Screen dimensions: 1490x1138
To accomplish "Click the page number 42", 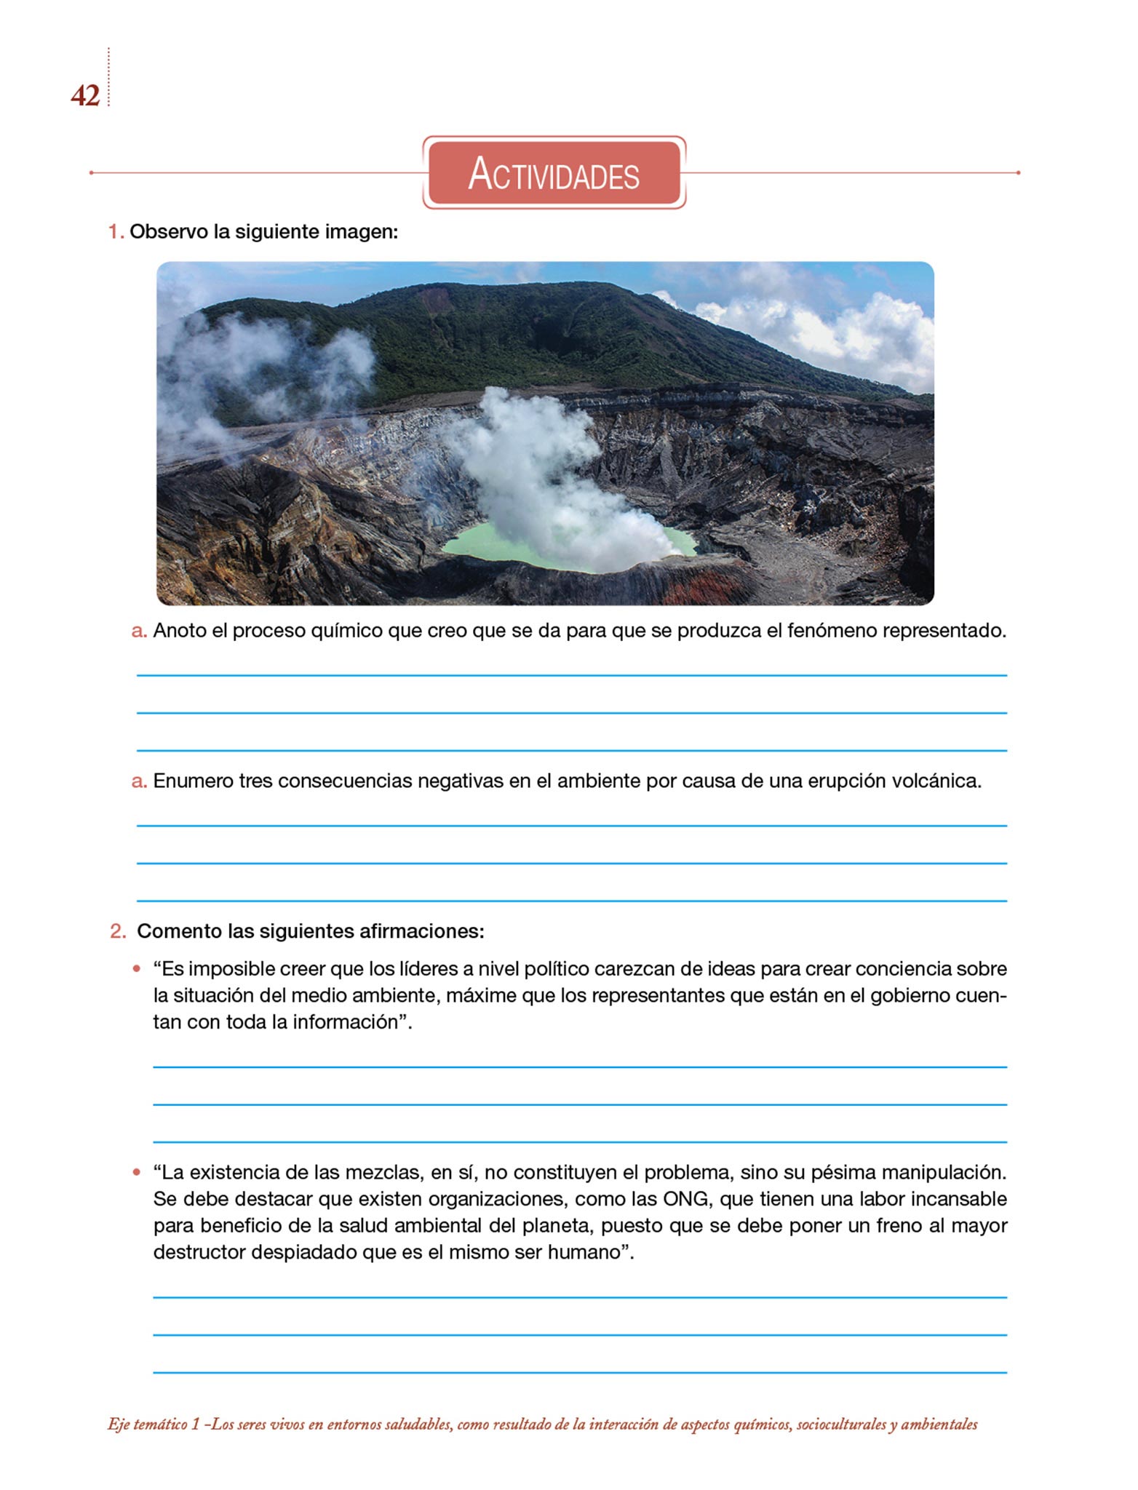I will pyautogui.click(x=85, y=96).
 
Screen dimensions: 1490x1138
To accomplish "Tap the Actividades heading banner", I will pyautogui.click(x=554, y=173).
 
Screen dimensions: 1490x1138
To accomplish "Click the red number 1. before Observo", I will pyautogui.click(x=116, y=232).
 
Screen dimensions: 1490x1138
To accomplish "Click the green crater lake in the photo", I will pyautogui.click(x=480, y=545).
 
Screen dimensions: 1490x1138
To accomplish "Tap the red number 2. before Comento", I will pyautogui.click(x=118, y=932).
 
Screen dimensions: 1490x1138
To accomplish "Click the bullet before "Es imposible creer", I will pyautogui.click(x=136, y=970).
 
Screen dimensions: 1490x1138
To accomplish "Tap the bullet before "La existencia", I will pyautogui.click(x=136, y=1173).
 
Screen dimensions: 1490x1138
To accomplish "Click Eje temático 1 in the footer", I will pyautogui.click(x=154, y=1425).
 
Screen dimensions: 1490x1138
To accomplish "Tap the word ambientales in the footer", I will pyautogui.click(x=939, y=1425).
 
